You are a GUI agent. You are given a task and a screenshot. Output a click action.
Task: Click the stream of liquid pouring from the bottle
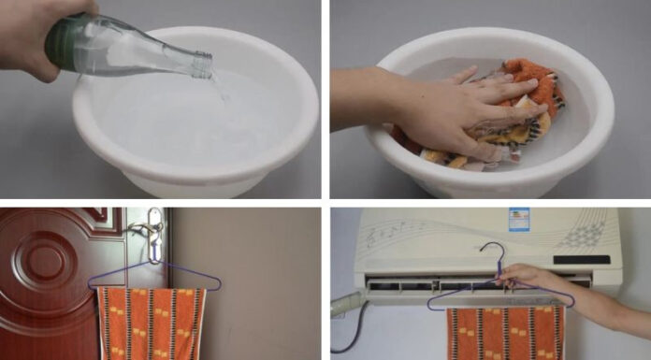tap(220, 89)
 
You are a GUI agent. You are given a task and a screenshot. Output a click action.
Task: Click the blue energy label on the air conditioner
tap(518, 221)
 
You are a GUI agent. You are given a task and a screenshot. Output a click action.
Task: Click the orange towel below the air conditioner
tap(505, 332)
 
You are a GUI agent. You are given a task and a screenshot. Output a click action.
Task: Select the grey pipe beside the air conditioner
tap(345, 304)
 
